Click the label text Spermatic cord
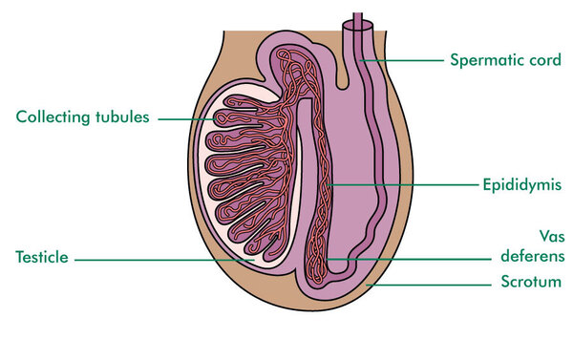(505, 60)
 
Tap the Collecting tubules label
(82, 116)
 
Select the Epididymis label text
(521, 184)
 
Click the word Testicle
(42, 257)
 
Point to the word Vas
(552, 237)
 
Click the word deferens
(533, 256)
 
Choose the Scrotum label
(531, 282)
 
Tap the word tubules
(122, 116)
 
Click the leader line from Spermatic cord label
(401, 60)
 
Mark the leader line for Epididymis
(403, 185)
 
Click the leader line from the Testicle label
(164, 260)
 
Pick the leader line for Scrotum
(429, 285)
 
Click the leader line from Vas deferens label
(409, 259)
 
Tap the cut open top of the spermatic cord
(358, 26)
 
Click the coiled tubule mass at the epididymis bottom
(316, 259)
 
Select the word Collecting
(53, 117)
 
